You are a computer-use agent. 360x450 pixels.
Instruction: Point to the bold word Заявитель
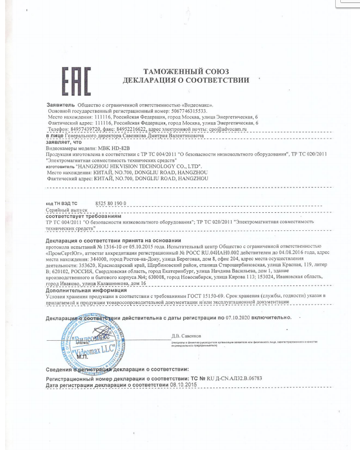click(x=60, y=105)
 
